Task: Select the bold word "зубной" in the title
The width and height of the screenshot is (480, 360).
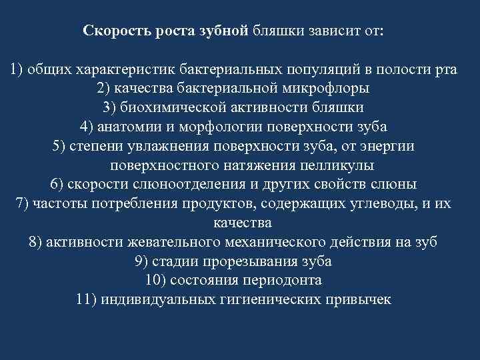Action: coord(225,31)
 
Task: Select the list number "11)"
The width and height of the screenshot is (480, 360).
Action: coord(87,299)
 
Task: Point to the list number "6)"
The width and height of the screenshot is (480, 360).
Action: coord(57,184)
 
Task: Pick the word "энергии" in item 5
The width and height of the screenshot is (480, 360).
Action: coord(389,146)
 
